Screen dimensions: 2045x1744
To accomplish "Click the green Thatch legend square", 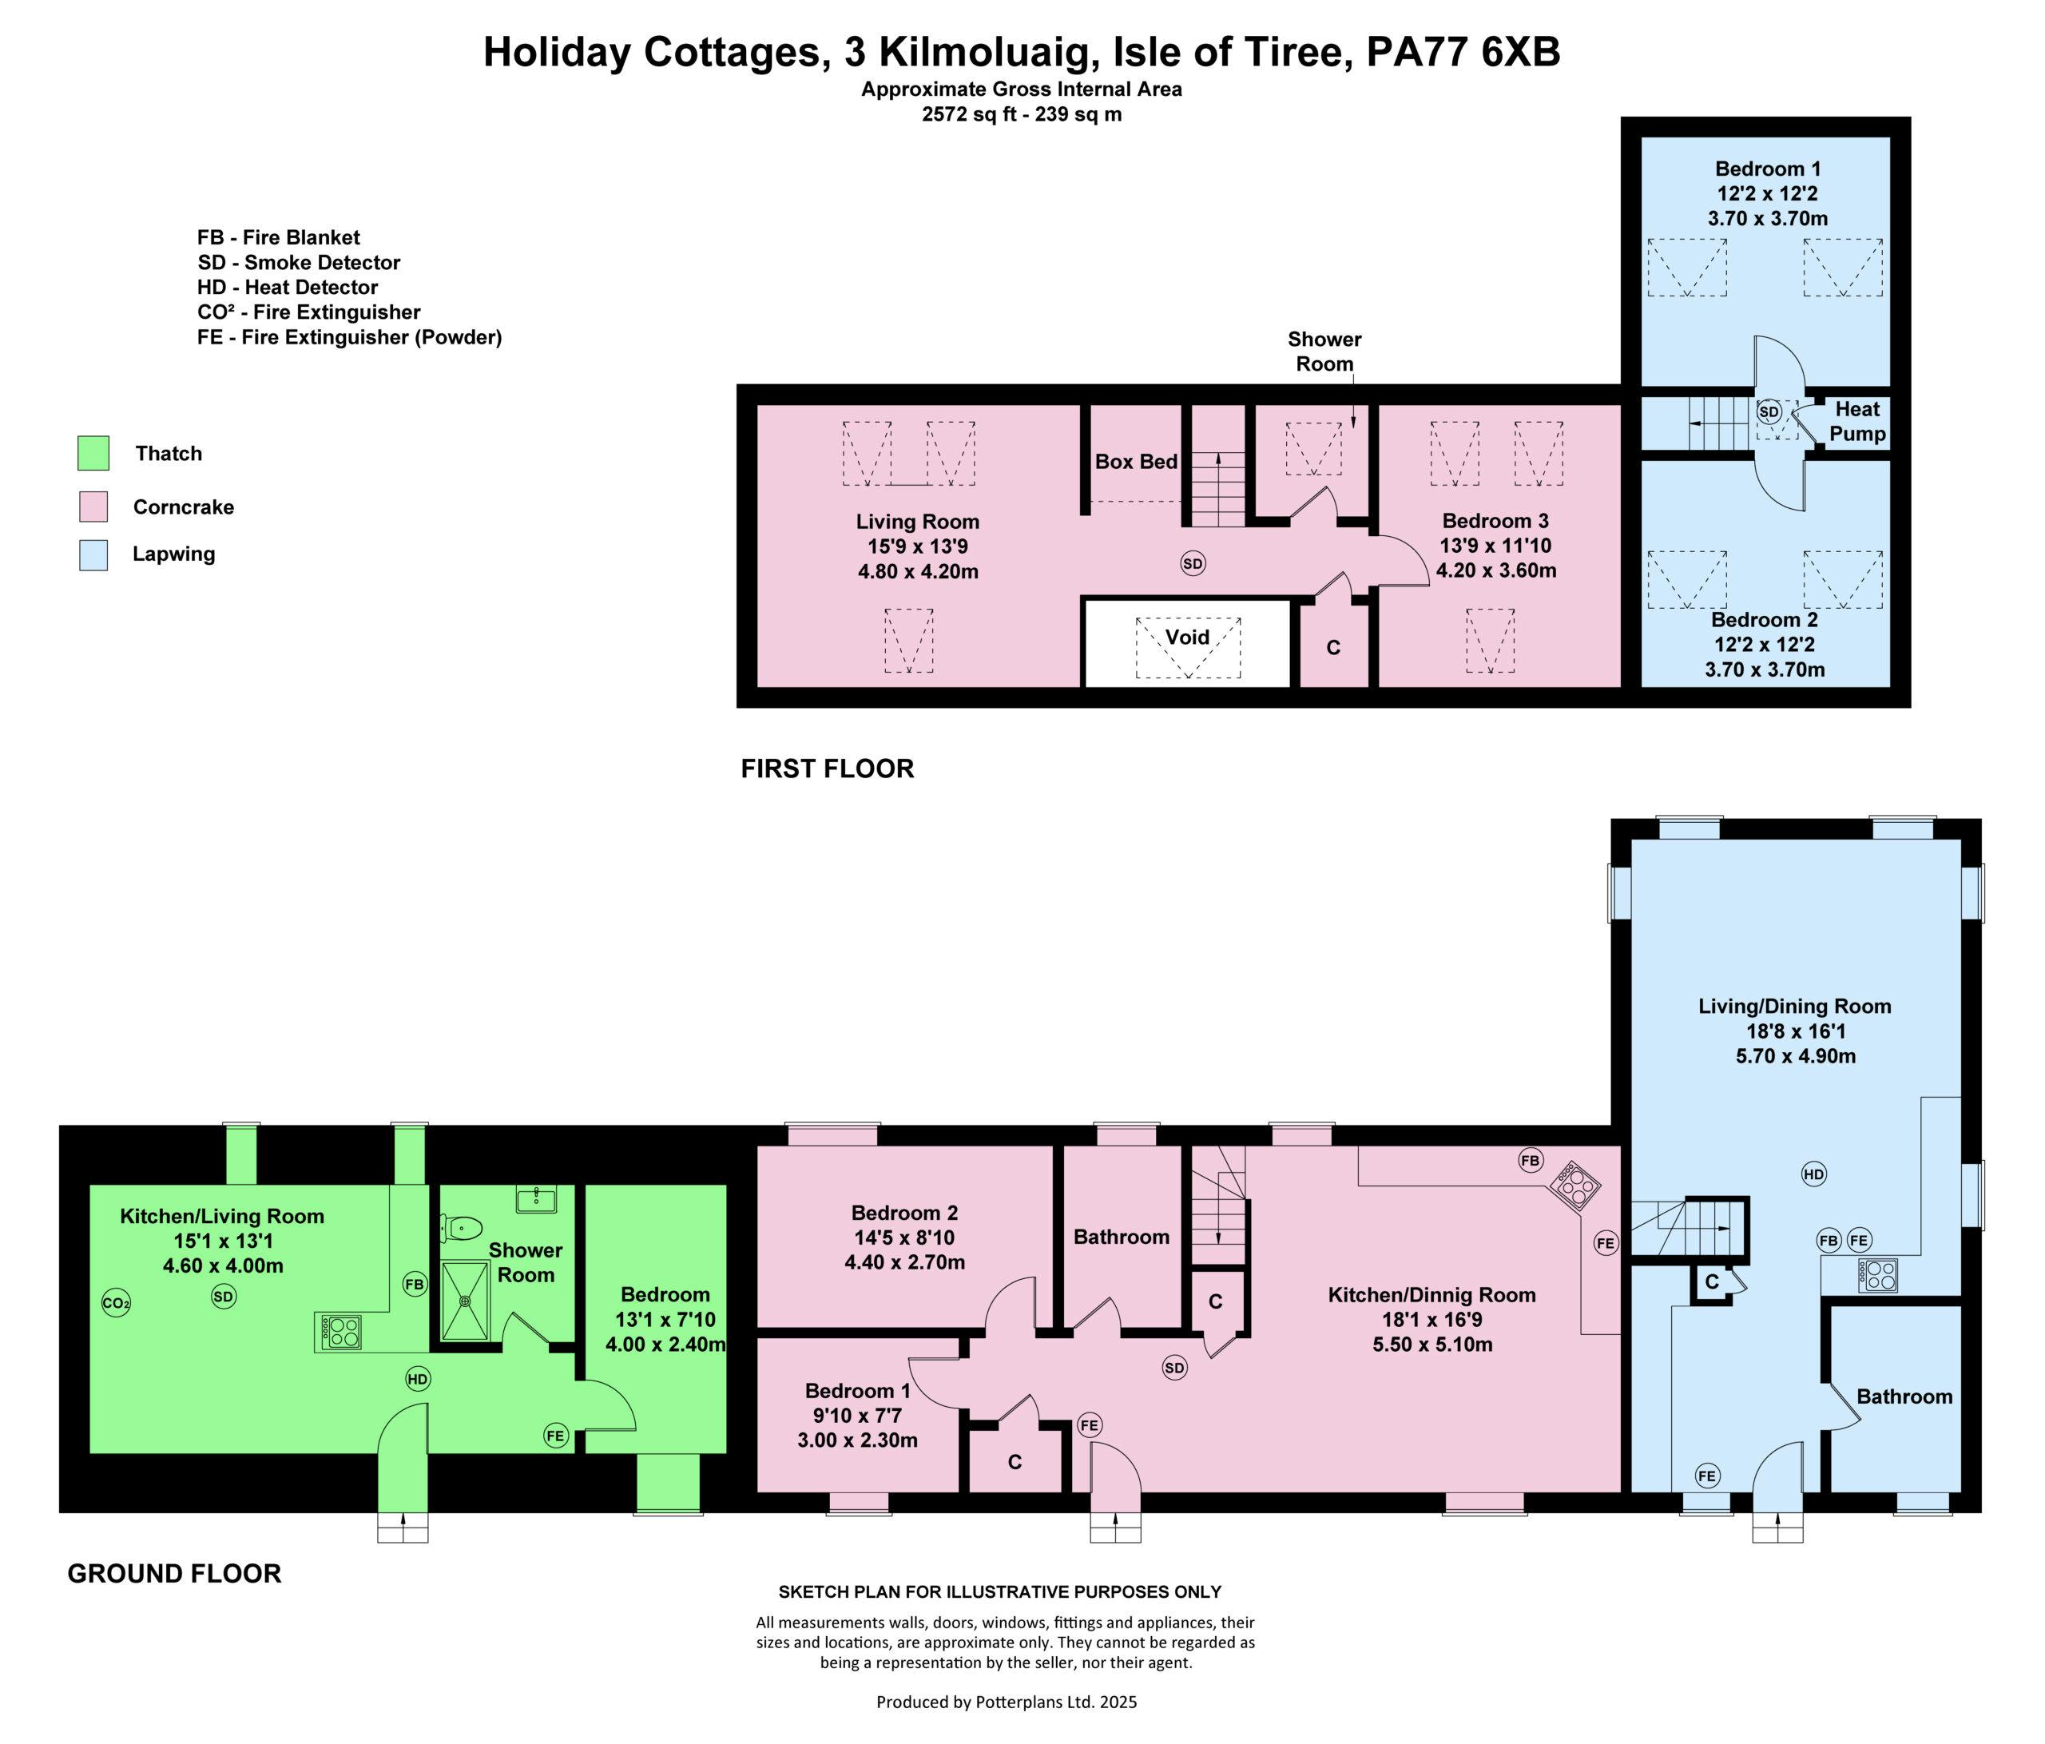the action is pyautogui.click(x=93, y=453).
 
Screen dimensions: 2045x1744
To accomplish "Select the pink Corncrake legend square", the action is pyautogui.click(x=93, y=507).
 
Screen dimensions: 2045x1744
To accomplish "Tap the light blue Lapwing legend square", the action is pyautogui.click(x=93, y=554).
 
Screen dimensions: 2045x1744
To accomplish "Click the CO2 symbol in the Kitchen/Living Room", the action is pyautogui.click(x=116, y=1304).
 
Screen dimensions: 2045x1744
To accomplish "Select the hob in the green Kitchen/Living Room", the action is pyautogui.click(x=339, y=1332).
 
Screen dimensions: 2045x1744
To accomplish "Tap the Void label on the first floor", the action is pyautogui.click(x=1187, y=637).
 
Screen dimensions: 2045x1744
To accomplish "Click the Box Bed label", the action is pyautogui.click(x=1136, y=461).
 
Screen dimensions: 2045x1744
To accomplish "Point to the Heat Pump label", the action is pyautogui.click(x=1857, y=422).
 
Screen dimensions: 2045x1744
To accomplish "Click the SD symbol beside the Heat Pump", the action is pyautogui.click(x=1769, y=411).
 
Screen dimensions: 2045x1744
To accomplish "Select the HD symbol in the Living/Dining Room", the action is pyautogui.click(x=1814, y=1174).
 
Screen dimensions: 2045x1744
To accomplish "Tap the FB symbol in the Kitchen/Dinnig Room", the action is pyautogui.click(x=1531, y=1161).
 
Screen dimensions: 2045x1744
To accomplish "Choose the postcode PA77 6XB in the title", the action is pyautogui.click(x=1463, y=52).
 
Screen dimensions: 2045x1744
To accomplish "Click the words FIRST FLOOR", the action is pyautogui.click(x=827, y=769).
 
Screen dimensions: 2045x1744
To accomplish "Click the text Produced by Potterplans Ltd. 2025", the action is pyautogui.click(x=1007, y=1702).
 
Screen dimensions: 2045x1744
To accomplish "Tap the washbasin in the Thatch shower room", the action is pyautogui.click(x=536, y=1199).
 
